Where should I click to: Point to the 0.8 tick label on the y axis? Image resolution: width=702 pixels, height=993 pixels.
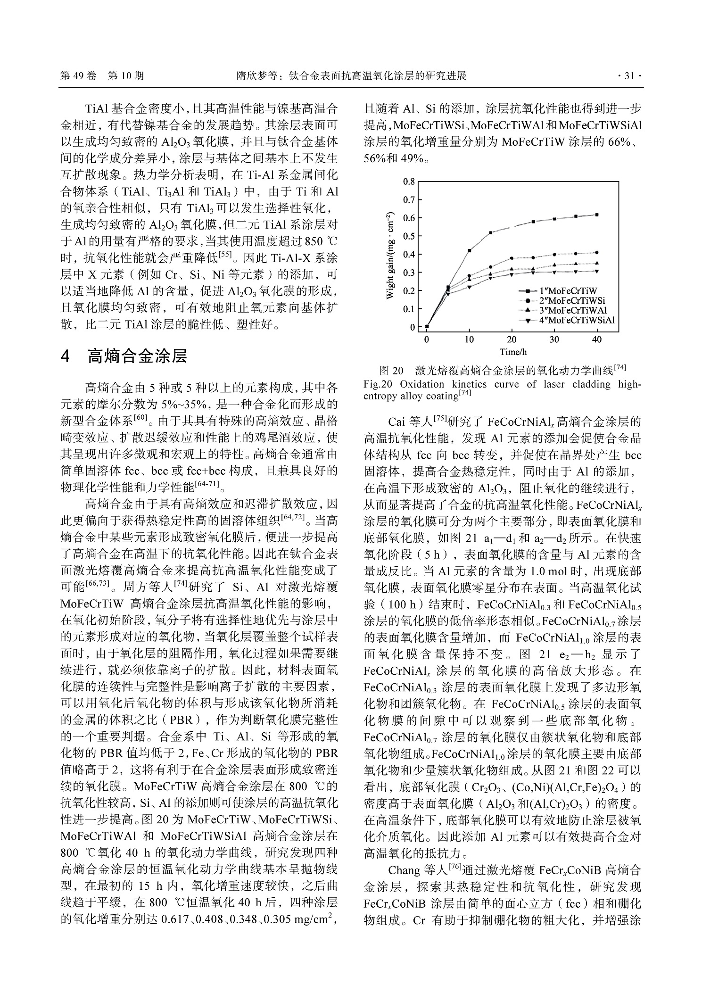pyautogui.click(x=409, y=182)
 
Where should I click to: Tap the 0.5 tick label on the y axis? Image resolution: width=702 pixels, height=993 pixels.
pyautogui.click(x=409, y=236)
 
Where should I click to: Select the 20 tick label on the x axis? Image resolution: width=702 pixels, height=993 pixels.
pyautogui.click(x=512, y=339)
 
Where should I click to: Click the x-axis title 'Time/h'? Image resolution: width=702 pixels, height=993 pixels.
pyautogui.click(x=513, y=352)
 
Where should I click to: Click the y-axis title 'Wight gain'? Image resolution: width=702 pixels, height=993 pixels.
pyautogui.click(x=389, y=255)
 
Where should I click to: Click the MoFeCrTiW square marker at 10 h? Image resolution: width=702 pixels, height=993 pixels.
pyautogui.click(x=470, y=250)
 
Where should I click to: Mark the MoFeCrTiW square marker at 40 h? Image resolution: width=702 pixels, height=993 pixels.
pyautogui.click(x=597, y=215)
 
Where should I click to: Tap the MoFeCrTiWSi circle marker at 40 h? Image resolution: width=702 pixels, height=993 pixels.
pyautogui.click(x=597, y=253)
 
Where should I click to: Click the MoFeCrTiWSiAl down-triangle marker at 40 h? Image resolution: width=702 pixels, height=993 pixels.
pyautogui.click(x=597, y=272)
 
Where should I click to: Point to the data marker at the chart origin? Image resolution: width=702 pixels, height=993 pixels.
pyautogui.click(x=427, y=326)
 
